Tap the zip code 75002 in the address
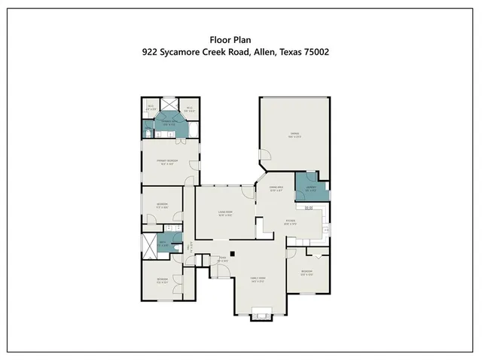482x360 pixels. [x=313, y=53]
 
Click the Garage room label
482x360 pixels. [x=294, y=136]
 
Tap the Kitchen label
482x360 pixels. [x=291, y=222]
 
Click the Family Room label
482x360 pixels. [x=259, y=279]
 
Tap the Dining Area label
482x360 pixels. [x=276, y=188]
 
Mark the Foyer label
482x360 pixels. [x=223, y=260]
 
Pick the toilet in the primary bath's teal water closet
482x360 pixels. [x=148, y=133]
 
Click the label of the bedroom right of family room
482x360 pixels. [x=307, y=273]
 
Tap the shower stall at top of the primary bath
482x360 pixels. [x=169, y=107]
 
